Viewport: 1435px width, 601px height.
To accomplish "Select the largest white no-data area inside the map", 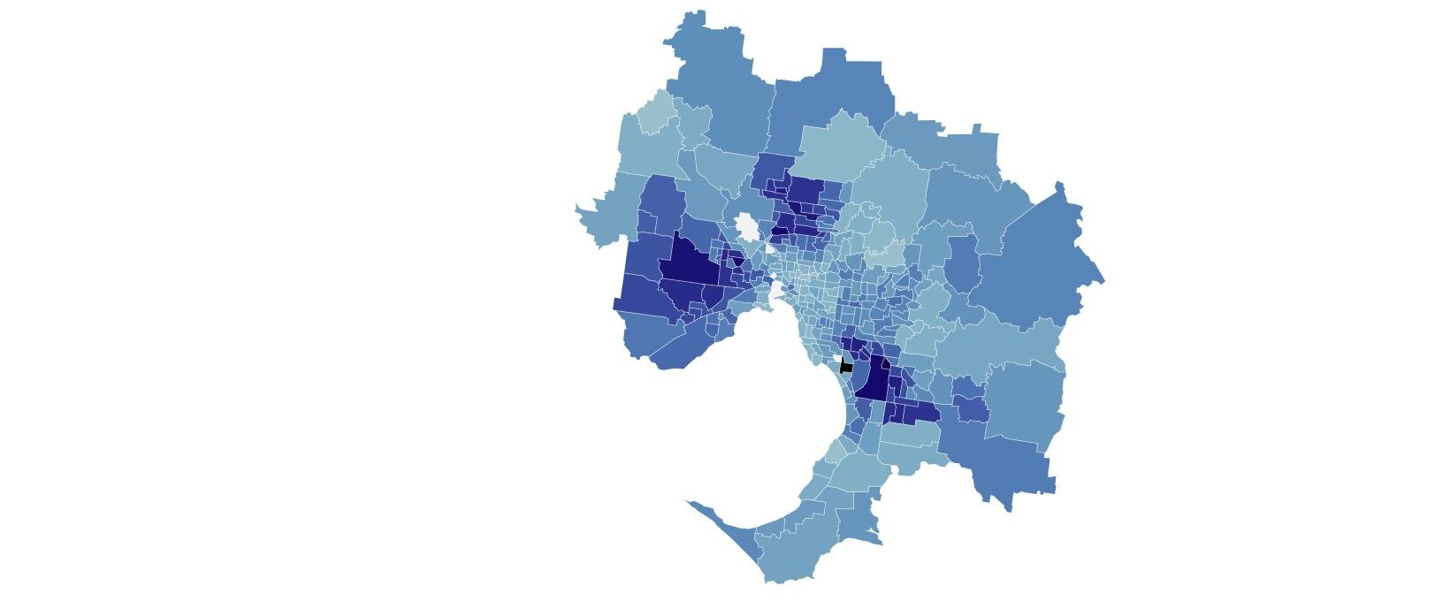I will [748, 227].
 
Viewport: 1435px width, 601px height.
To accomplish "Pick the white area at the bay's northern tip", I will [776, 290].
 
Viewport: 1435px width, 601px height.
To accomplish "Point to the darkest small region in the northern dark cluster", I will [780, 232].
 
